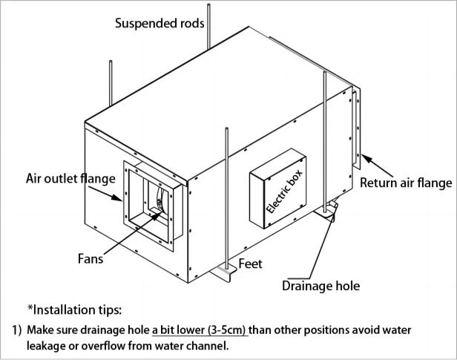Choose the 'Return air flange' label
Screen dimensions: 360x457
tap(405, 181)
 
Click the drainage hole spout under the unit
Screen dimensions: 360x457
tap(329, 210)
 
